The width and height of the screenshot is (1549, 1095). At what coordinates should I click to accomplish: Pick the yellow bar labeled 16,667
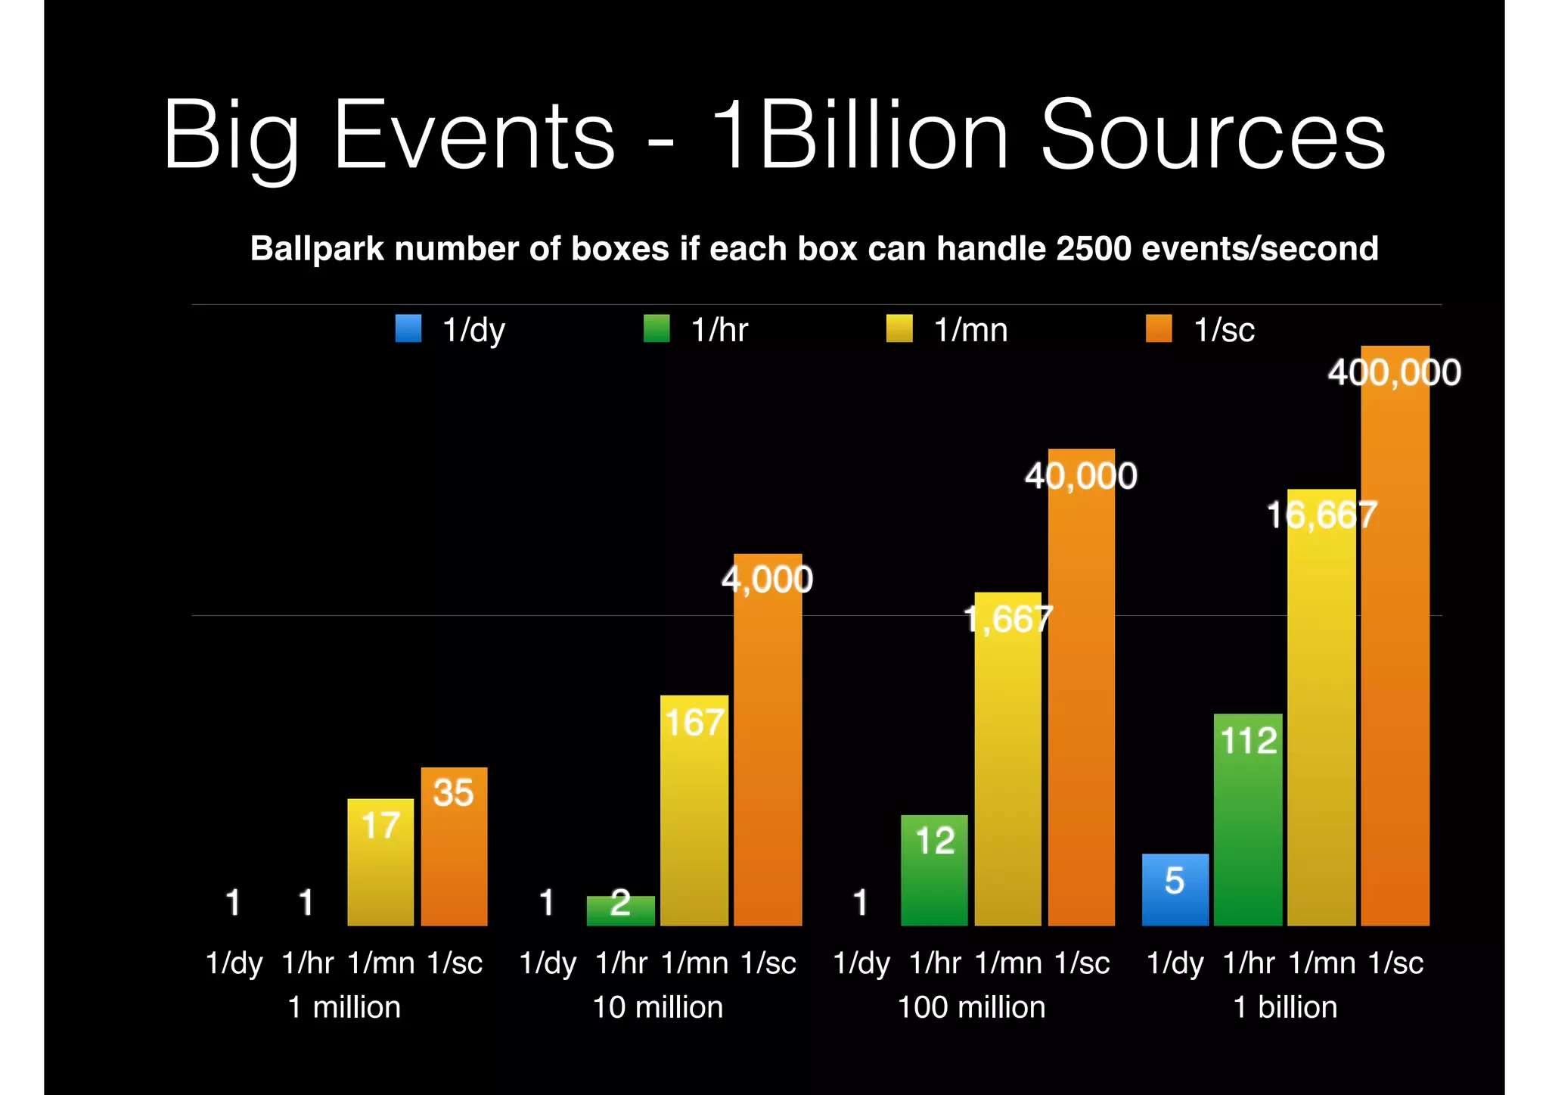[1321, 719]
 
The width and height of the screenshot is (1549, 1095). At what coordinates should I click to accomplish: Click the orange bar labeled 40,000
[1081, 696]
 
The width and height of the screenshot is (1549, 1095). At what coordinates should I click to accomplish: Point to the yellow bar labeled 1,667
[1007, 764]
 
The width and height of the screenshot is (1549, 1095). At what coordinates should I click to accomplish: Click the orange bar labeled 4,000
[768, 749]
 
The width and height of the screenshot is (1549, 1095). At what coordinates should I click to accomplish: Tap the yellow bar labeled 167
[694, 817]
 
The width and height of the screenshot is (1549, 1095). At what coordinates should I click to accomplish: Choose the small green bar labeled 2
[620, 911]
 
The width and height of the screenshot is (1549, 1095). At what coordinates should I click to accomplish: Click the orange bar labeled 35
[454, 855]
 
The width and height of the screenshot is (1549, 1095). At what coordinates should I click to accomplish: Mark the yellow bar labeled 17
[380, 870]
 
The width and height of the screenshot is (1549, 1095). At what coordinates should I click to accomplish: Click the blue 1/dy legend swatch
[408, 329]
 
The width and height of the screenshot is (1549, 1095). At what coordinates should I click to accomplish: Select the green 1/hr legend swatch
[657, 329]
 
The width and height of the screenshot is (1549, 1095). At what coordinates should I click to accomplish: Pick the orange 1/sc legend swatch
[1159, 329]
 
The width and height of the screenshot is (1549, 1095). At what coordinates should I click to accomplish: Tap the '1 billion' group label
[1285, 1008]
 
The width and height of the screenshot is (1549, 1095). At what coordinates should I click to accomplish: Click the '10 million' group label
[657, 1008]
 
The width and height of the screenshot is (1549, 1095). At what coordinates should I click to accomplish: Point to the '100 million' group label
[971, 1008]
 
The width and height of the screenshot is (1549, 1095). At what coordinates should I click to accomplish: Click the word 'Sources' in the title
[1212, 136]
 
